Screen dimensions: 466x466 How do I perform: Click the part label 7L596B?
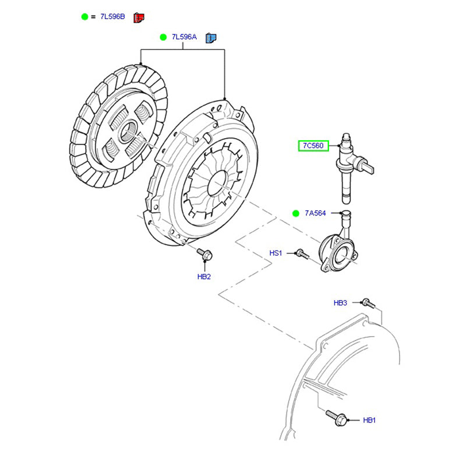tap(112, 17)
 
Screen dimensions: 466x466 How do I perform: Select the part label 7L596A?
tap(184, 37)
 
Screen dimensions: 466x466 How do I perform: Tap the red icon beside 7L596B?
tap(139, 17)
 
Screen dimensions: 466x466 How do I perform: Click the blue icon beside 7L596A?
tap(211, 38)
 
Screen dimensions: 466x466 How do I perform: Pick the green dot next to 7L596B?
tap(84, 17)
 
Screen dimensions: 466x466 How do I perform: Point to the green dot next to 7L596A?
tap(163, 37)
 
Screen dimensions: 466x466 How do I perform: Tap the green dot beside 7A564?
tap(296, 213)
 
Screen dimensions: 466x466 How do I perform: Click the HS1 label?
tap(276, 253)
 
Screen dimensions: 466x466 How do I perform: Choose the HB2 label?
tap(203, 276)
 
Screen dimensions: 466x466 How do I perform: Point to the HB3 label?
tap(340, 303)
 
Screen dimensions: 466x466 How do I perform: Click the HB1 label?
tap(370, 420)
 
